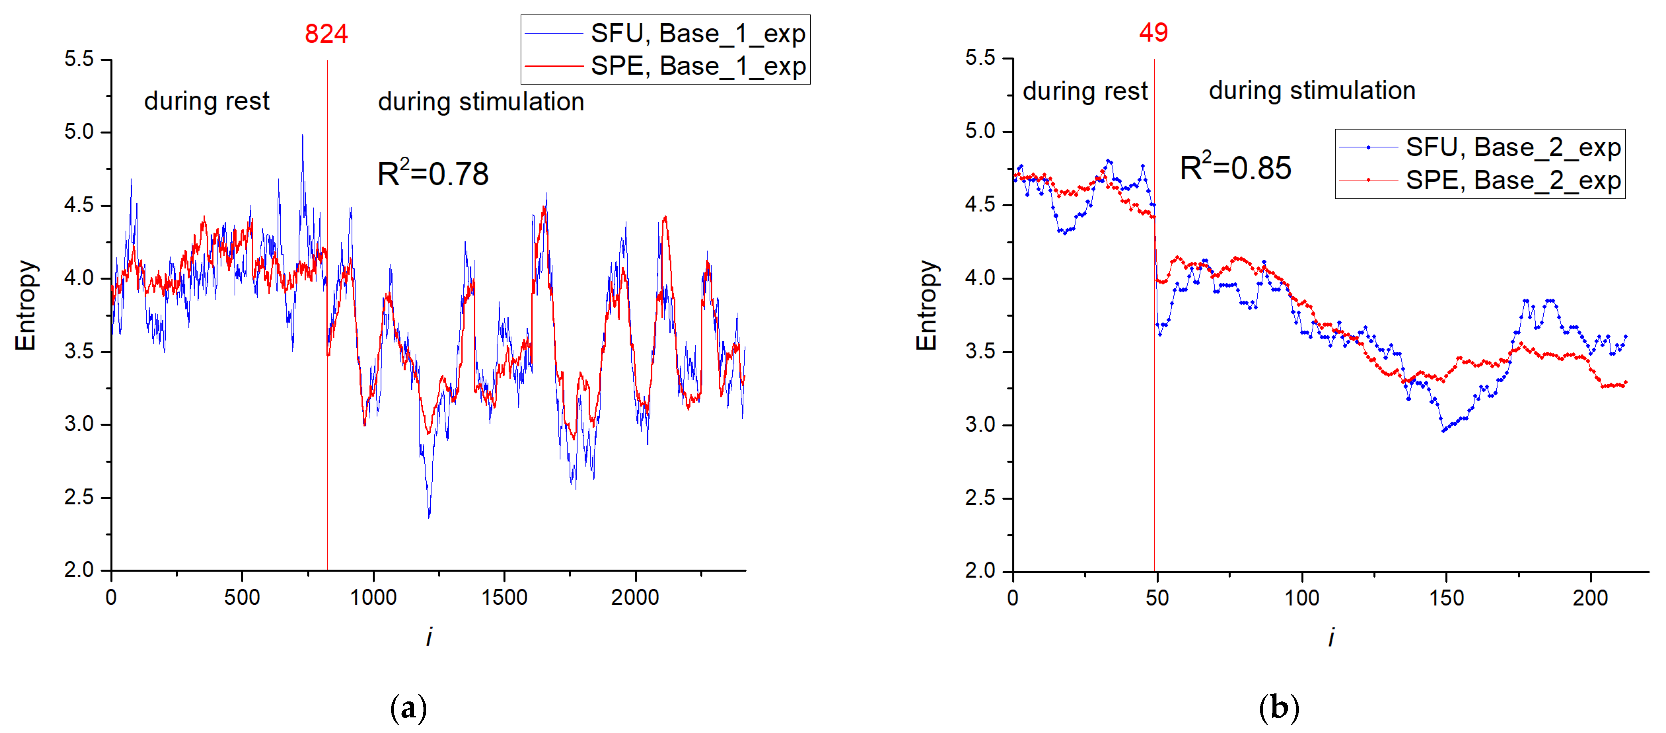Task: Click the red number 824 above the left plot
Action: pyautogui.click(x=326, y=34)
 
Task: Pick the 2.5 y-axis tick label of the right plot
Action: pyautogui.click(x=980, y=498)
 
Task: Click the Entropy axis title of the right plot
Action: pyautogui.click(x=927, y=305)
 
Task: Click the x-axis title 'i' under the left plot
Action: pyautogui.click(x=429, y=637)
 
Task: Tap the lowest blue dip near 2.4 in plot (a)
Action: pyautogui.click(x=429, y=516)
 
